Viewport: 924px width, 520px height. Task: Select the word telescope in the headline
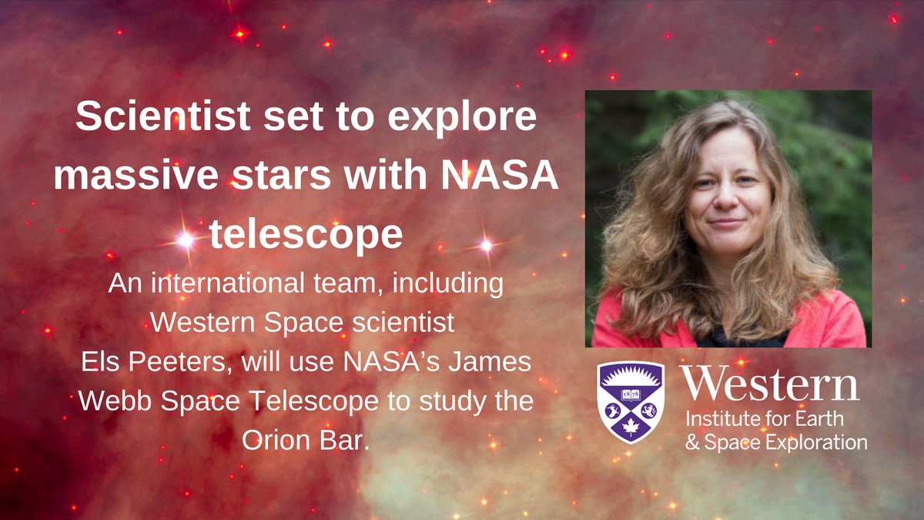(x=306, y=234)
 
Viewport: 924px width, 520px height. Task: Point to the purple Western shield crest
(x=631, y=402)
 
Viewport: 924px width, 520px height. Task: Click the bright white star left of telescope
(x=186, y=240)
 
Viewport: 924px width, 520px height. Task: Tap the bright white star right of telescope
(x=486, y=245)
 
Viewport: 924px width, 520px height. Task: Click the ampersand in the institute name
(x=689, y=443)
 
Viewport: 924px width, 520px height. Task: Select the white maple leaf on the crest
(x=631, y=425)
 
